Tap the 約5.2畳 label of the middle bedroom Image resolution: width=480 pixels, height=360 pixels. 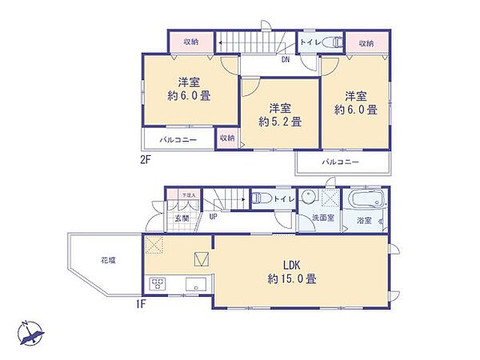279,115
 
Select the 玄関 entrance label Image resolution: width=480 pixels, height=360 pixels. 182,218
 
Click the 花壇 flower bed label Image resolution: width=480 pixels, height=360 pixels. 109,261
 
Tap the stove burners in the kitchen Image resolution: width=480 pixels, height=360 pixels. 158,284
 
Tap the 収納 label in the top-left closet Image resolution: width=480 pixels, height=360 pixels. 190,42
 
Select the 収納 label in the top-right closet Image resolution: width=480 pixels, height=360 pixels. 366,42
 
